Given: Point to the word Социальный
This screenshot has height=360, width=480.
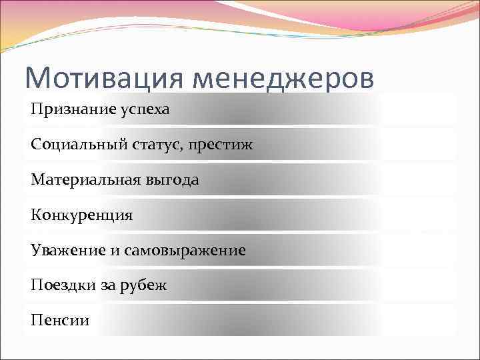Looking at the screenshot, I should coord(70,144).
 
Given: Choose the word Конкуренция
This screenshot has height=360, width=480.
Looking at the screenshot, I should coord(81,215).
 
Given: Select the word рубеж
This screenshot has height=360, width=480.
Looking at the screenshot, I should coord(143,285).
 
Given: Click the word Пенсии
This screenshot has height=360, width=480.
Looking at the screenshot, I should coord(59,321).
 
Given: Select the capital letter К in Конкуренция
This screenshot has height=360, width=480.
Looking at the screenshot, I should coord(35,215).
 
